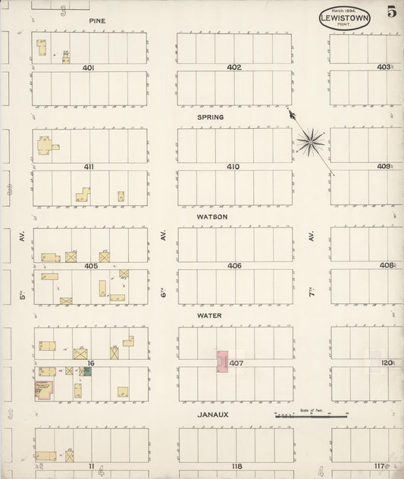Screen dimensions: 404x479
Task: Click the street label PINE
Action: (x=96, y=21)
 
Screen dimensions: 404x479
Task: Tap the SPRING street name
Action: (x=211, y=117)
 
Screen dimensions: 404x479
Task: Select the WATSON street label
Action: (x=212, y=216)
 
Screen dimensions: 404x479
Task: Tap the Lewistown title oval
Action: (x=345, y=18)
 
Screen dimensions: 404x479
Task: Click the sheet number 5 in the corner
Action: (x=392, y=11)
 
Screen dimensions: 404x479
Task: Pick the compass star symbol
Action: (x=310, y=140)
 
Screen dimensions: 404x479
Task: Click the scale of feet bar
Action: (x=311, y=415)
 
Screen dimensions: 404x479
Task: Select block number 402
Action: (x=233, y=67)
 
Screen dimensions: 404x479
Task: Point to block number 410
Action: (x=233, y=167)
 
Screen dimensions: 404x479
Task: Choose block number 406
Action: (x=233, y=266)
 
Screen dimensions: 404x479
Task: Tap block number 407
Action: (x=236, y=364)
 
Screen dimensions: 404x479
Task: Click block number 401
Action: (x=89, y=67)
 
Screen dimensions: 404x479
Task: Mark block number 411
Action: (x=89, y=167)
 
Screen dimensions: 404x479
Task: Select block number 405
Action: (x=91, y=266)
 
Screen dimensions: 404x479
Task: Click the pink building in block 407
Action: (x=223, y=361)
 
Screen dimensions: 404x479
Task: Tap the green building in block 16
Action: (x=86, y=371)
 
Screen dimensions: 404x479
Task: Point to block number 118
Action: (x=236, y=466)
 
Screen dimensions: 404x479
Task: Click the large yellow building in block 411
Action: (x=45, y=145)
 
